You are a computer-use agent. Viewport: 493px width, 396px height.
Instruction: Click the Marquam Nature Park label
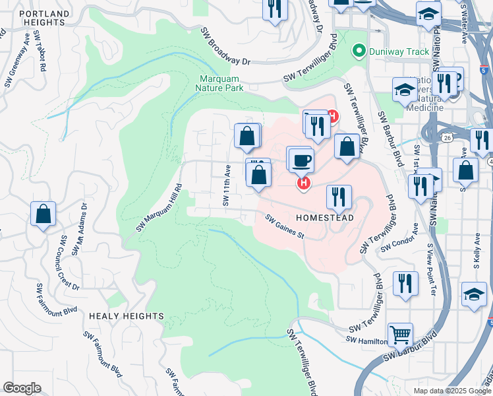(x=221, y=82)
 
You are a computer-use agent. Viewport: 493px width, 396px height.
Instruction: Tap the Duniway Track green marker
(x=359, y=50)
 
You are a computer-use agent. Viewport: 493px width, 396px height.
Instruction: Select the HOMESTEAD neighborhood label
(x=324, y=217)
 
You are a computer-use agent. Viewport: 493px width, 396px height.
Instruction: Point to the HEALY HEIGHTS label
(x=125, y=316)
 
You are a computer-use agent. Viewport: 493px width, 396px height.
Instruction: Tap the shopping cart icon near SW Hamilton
(x=400, y=335)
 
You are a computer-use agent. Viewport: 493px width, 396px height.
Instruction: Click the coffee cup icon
(x=301, y=160)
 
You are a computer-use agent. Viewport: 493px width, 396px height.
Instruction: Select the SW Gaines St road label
(x=285, y=227)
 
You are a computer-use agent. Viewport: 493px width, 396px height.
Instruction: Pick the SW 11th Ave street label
(x=226, y=185)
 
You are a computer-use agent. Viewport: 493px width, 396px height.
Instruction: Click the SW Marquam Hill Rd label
(x=159, y=208)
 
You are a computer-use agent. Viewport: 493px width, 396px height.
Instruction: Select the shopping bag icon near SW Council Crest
(x=43, y=214)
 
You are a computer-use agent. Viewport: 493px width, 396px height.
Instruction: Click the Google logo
(x=21, y=388)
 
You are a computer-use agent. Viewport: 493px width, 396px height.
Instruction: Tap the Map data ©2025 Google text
(x=453, y=391)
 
